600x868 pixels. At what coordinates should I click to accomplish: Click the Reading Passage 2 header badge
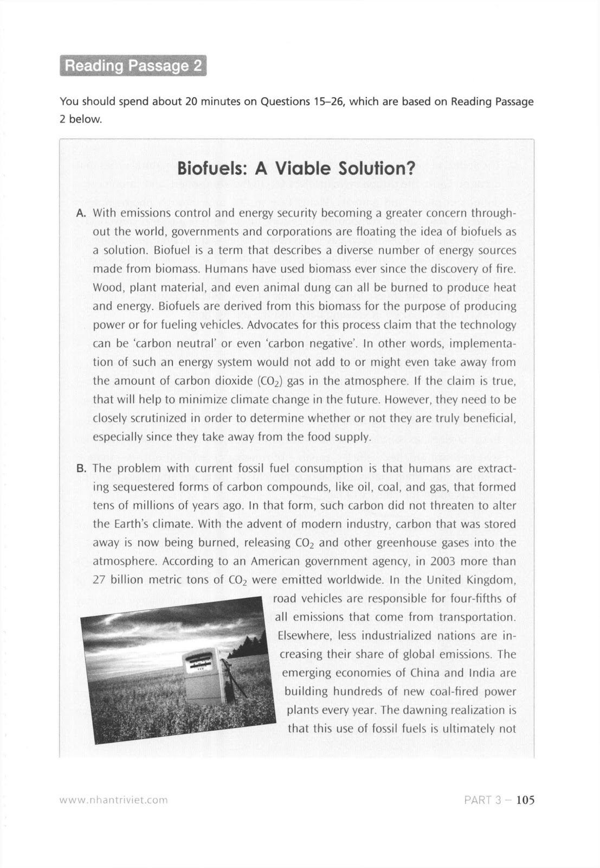click(133, 66)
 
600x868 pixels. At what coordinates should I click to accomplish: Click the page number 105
click(525, 800)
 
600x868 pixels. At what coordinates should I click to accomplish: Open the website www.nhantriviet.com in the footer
click(113, 800)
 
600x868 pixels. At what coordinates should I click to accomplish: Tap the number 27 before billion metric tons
click(99, 579)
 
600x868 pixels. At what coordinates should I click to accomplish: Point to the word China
click(425, 673)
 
